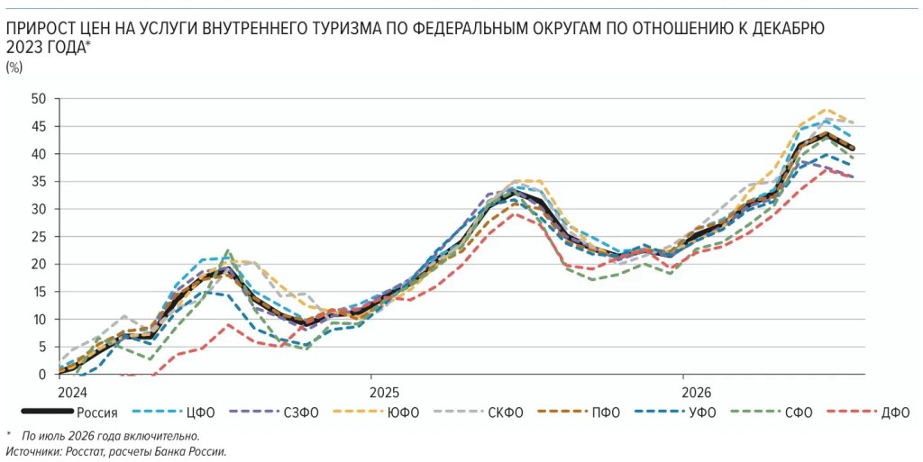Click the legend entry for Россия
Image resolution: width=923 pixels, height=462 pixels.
pos(69,412)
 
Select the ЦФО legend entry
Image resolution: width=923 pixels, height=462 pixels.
pos(173,412)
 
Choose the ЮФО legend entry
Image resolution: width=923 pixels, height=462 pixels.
pos(376,412)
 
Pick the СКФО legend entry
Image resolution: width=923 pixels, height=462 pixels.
pos(478,412)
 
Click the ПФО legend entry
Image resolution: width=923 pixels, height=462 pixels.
pos(578,412)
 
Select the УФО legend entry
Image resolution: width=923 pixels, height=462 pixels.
pos(674,412)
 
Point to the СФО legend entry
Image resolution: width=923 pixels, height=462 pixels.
pos(772,412)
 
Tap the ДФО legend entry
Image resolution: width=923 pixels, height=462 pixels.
pos(868,412)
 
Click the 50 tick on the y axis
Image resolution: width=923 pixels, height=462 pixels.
pos(38,99)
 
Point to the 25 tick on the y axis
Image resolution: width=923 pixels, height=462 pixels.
pos(38,237)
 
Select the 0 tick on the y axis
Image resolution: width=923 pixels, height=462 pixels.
pos(41,375)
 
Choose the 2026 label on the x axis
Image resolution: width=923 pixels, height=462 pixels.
pos(697,392)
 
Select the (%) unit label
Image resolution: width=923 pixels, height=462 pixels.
pos(14,68)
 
